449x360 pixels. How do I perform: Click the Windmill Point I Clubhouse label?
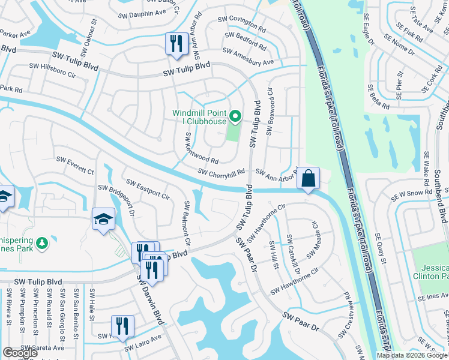[x=200, y=116]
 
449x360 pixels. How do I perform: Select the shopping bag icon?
[x=308, y=178]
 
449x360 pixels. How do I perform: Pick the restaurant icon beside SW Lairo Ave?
[x=122, y=326]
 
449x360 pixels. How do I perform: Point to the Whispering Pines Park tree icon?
[x=41, y=243]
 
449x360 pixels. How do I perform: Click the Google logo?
[x=20, y=353]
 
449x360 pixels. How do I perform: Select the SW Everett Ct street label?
[x=75, y=162]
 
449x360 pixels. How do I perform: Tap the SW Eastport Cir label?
[x=147, y=188]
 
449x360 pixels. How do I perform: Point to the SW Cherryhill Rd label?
[x=222, y=172]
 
